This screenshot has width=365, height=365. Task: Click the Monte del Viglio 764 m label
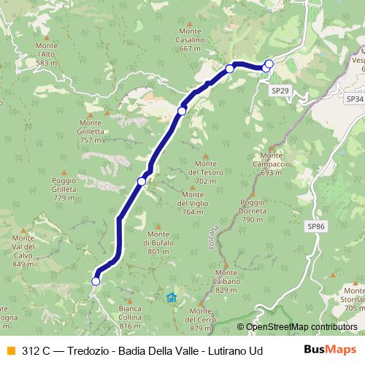[193, 203]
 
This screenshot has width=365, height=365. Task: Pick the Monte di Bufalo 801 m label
[158, 242]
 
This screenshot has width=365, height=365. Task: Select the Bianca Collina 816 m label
[130, 317]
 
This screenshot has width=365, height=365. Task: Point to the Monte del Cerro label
[199, 320]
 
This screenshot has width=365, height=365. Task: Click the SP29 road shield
[280, 89]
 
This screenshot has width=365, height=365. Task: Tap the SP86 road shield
[316, 226]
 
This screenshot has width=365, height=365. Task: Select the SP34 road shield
[355, 98]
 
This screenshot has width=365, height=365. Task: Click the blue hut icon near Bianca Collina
[172, 297]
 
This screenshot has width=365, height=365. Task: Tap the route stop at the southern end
[96, 280]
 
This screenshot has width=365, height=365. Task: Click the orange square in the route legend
[9, 350]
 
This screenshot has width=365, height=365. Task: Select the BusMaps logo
[330, 350]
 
